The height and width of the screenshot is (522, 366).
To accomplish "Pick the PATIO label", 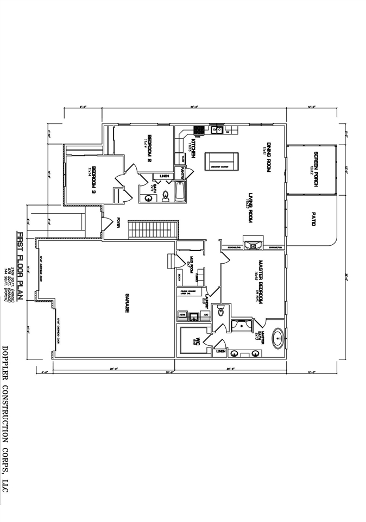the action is [313, 219].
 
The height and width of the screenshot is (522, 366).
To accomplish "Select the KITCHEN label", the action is [193, 148].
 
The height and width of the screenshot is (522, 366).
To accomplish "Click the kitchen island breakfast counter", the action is [222, 161].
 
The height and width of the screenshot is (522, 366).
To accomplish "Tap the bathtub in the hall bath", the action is [181, 192].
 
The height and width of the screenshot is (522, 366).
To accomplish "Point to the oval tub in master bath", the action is [278, 337].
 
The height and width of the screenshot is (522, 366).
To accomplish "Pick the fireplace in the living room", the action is [253, 245].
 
